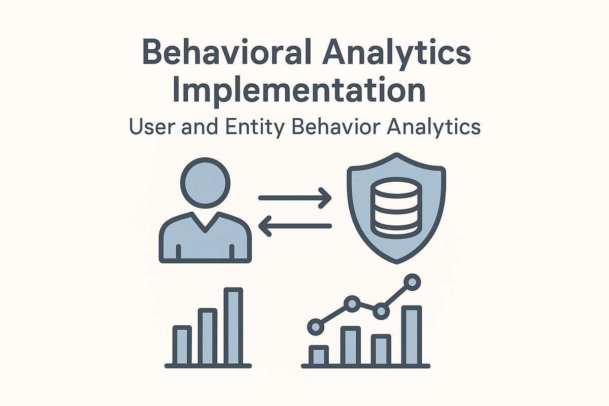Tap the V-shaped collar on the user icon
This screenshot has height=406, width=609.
205,223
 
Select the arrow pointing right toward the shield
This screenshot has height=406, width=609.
294,198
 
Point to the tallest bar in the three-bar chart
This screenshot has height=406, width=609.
233,326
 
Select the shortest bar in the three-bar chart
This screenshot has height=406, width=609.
182,345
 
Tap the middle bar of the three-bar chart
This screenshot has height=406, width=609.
208,336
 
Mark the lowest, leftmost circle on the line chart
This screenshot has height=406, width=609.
316,326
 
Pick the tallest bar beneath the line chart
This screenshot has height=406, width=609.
412,335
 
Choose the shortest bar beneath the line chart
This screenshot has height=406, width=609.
319,355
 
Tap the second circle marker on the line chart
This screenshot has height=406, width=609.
351,304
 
